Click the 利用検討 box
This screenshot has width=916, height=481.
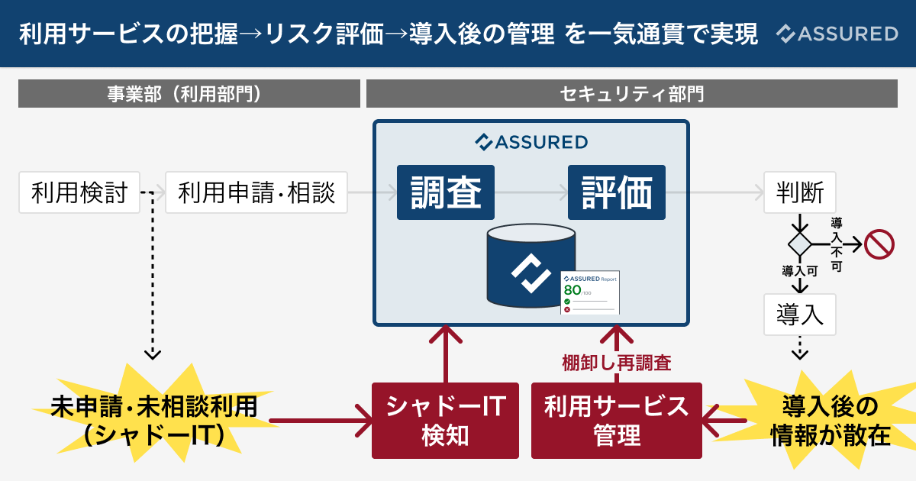[79, 192]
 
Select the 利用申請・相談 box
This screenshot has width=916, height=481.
[256, 192]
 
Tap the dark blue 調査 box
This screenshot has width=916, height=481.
[446, 192]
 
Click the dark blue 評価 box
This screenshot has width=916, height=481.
[617, 192]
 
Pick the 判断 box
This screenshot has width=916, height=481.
[800, 192]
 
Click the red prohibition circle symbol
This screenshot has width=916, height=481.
[879, 244]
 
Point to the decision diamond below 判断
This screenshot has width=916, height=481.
[800, 244]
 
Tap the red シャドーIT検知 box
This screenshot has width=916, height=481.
[446, 421]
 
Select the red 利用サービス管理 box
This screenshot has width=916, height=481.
[617, 421]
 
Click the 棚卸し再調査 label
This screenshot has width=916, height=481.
[617, 363]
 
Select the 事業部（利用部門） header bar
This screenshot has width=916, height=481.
[189, 94]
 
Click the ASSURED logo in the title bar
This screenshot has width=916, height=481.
[837, 34]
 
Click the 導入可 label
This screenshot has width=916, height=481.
[800, 271]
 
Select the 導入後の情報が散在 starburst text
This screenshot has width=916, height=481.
[830, 419]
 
